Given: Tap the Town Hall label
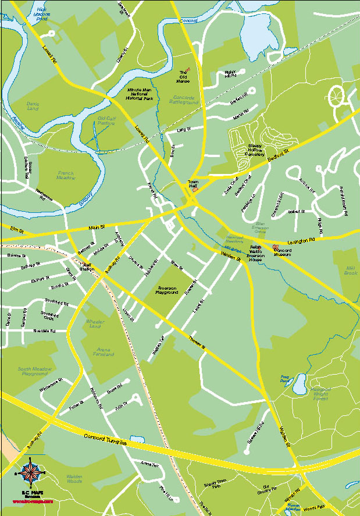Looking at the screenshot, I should pos(193,185).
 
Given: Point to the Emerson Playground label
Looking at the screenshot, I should pos(167,290).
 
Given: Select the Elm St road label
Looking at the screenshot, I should pos(17,231).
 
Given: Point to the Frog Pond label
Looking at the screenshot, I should pos(285,379).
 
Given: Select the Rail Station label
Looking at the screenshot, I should pos(87,266).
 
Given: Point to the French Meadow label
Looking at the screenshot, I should pos(66,175).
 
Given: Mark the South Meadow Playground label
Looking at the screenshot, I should pos(34,371).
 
